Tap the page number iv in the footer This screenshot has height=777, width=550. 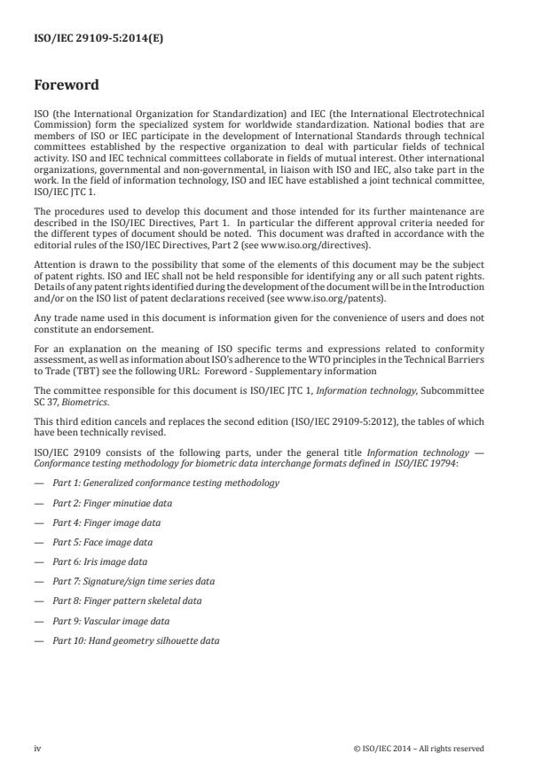pos(37,749)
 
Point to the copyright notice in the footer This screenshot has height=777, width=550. pos(418,749)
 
